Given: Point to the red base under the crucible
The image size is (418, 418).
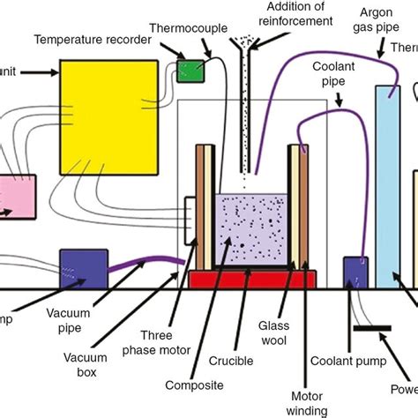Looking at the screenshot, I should (x=253, y=280).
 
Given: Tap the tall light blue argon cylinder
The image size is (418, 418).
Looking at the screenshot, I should (x=387, y=186).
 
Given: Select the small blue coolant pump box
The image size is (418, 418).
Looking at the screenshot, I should (x=355, y=272).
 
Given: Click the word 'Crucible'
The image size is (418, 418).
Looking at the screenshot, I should (x=232, y=361).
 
